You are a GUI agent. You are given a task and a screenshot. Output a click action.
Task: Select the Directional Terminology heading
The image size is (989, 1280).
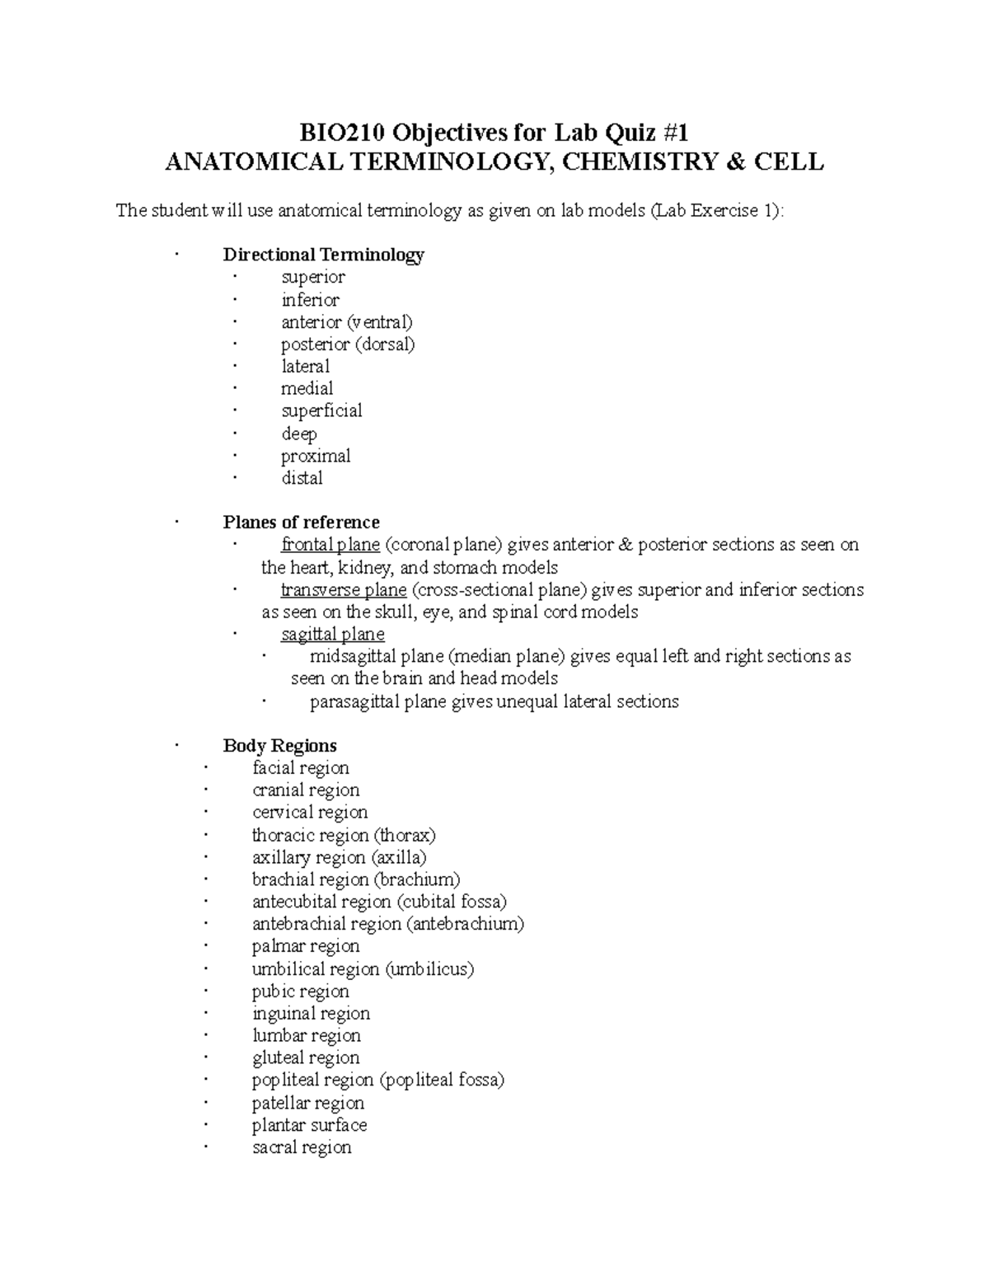point(323,255)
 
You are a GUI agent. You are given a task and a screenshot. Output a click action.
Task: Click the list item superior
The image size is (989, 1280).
point(313,277)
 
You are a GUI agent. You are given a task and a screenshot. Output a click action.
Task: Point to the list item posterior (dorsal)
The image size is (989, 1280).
point(348,344)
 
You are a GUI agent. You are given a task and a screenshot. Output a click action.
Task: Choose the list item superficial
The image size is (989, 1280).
point(321,410)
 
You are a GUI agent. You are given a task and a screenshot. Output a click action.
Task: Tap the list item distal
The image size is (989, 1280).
point(302,478)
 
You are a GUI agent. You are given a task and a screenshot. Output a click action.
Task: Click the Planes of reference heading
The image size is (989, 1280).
point(301,523)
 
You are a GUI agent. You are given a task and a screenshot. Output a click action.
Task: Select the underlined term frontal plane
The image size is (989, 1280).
point(330,545)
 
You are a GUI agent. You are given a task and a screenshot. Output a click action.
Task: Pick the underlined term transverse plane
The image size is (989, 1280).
point(344,590)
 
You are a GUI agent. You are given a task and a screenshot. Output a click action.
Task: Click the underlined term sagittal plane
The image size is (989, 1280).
point(333,635)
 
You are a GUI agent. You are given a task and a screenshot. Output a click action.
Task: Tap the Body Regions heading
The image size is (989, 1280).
point(279,746)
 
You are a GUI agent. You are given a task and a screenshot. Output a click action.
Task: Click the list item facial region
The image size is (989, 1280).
point(301,768)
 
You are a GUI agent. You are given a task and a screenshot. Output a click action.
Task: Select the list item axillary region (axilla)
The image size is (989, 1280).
point(340,857)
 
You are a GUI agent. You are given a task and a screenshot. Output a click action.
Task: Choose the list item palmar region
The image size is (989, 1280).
point(306,946)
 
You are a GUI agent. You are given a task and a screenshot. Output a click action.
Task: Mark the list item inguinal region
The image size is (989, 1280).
point(311,1014)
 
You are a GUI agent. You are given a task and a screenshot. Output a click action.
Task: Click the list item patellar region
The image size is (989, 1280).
point(308,1103)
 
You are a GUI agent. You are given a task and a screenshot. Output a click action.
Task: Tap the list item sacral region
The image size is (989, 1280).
point(302,1147)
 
